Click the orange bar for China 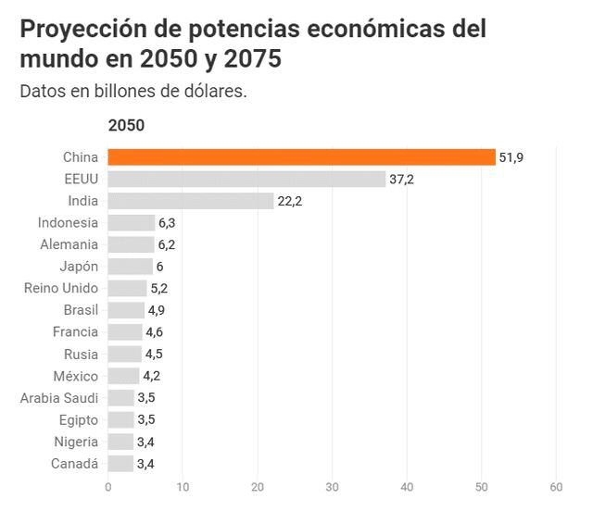(301, 157)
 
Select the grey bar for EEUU (246, 179)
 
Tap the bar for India (191, 201)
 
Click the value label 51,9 (511, 157)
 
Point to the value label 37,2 (401, 179)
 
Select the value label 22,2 (290, 201)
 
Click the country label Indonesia (68, 222)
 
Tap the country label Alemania (69, 244)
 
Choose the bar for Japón (130, 266)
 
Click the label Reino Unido (61, 288)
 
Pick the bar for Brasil (126, 309)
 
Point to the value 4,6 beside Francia (157, 331)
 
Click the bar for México (123, 375)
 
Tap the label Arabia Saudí (59, 397)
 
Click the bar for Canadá (120, 463)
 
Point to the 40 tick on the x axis (407, 487)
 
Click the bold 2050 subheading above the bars (126, 126)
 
